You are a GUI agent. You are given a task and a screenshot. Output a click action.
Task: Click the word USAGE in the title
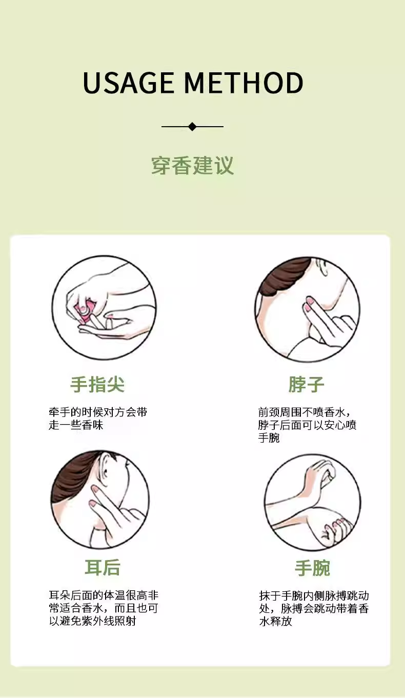(x=128, y=83)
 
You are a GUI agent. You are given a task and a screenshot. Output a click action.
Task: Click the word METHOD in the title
(x=244, y=83)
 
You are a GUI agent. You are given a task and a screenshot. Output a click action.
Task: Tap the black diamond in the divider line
(x=192, y=127)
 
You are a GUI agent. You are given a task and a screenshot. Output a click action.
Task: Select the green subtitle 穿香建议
(x=192, y=166)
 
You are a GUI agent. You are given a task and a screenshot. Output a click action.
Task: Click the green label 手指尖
(x=97, y=384)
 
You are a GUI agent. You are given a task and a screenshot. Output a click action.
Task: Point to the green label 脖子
(x=306, y=384)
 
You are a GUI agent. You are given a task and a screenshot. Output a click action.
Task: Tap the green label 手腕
(x=313, y=568)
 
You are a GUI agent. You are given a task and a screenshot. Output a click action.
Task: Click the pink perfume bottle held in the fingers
(x=86, y=310)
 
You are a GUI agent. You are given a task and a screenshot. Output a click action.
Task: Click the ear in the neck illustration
(x=322, y=267)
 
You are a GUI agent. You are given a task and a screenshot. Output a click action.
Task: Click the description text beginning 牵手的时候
(x=98, y=418)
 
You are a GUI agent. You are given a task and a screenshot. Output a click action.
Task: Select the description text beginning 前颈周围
(x=307, y=425)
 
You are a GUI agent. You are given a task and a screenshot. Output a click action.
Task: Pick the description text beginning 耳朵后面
(x=104, y=608)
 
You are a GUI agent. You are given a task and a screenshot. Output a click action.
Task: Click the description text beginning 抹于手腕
(x=314, y=608)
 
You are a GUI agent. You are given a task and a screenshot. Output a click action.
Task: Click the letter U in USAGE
(x=92, y=83)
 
